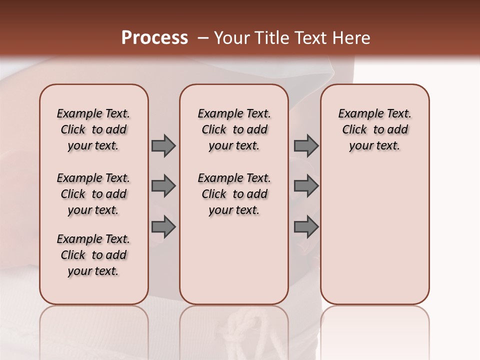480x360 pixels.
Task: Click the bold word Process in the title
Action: point(154,38)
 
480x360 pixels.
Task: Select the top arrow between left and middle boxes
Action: point(163,146)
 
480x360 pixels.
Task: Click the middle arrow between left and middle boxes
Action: point(163,186)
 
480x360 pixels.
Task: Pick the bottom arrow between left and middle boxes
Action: point(163,227)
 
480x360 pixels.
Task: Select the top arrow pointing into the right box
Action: point(305,146)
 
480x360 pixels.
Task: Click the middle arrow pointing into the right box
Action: point(305,186)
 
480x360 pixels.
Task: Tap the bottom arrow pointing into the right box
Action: point(305,227)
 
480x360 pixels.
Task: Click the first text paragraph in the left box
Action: point(93,129)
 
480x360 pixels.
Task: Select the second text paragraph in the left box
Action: point(93,194)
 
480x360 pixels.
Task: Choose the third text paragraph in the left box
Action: point(93,255)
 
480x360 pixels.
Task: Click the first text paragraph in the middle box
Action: point(234,129)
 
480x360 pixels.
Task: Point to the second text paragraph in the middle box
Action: point(234,194)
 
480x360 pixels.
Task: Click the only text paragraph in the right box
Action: point(375,129)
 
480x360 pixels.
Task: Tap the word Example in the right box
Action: point(356,114)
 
